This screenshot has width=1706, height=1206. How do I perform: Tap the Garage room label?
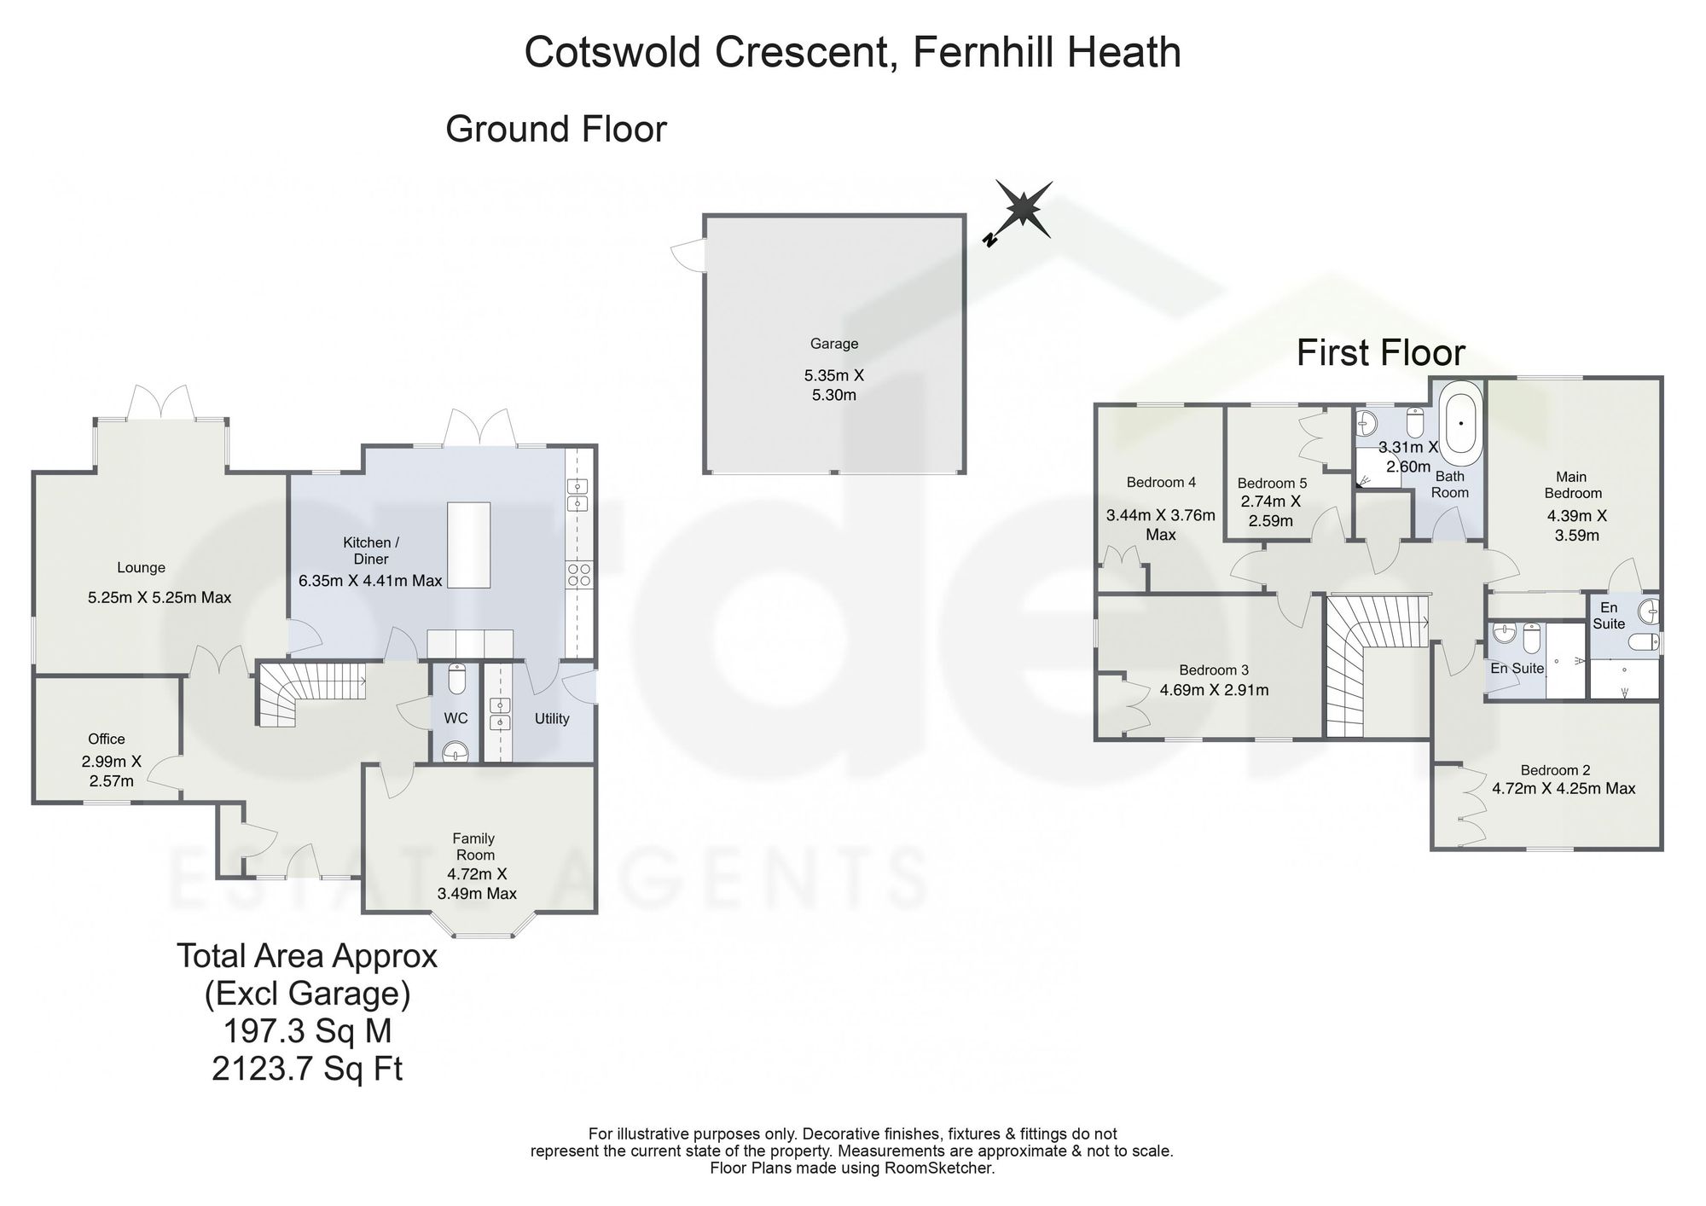[x=834, y=344]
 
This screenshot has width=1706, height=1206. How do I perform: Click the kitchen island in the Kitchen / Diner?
[x=469, y=544]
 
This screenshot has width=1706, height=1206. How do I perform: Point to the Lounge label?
[x=142, y=568]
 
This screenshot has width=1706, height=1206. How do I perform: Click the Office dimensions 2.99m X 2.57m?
[x=112, y=770]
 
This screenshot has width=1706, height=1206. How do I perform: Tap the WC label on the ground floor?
[x=456, y=718]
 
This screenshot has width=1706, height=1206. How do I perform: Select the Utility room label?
[x=552, y=718]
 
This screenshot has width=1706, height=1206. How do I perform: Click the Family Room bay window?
[x=484, y=925]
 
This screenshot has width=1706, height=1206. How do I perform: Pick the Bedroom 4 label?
[x=1161, y=483]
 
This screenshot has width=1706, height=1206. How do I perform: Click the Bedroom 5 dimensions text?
[x=1271, y=511]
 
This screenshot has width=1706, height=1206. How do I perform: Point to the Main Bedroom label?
[x=1572, y=484]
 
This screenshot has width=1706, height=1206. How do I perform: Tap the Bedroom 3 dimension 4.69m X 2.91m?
[x=1214, y=690]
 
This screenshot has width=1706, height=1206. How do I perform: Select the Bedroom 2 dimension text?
[x=1564, y=788]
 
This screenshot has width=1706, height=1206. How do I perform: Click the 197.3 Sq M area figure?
[x=307, y=1031]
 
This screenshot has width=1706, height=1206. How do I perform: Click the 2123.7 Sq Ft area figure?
[x=307, y=1069]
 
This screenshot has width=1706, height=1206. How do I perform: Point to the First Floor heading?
[x=1381, y=352]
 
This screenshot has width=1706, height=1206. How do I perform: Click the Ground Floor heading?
[x=556, y=129]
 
